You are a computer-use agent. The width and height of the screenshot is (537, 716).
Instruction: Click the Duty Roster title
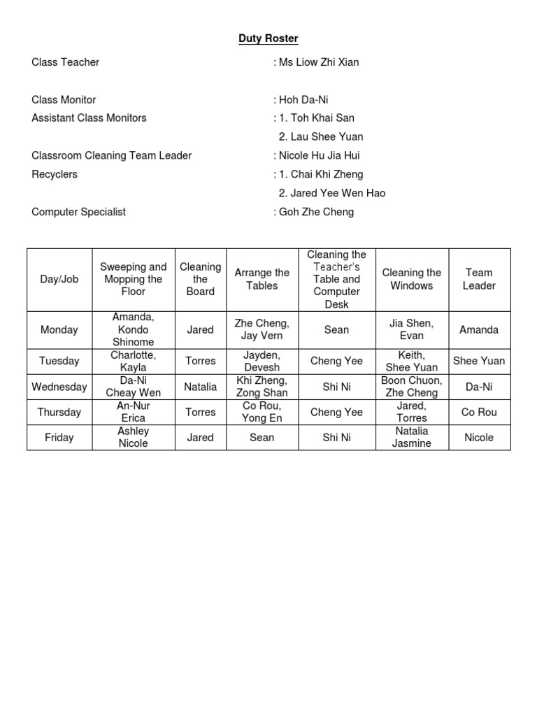[x=268, y=38]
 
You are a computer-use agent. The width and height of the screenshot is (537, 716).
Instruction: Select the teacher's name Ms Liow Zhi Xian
[x=319, y=62]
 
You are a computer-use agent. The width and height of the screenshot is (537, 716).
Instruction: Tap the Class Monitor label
[x=64, y=100]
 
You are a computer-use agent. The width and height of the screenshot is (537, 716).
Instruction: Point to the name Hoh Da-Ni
[x=303, y=100]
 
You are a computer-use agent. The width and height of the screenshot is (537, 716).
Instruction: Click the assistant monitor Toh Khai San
[x=323, y=118]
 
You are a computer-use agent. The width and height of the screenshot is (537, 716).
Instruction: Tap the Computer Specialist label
[x=79, y=212]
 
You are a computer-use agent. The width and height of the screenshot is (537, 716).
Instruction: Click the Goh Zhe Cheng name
[x=316, y=212]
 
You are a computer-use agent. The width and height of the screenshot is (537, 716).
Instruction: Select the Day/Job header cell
[x=59, y=279]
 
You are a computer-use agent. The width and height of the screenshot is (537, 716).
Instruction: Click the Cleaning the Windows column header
[x=412, y=279]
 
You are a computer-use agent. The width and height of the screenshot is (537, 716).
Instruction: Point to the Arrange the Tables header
[x=262, y=279]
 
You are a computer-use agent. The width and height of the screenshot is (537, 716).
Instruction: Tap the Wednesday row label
[x=59, y=387]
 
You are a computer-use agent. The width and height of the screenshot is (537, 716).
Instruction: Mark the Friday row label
[x=59, y=437]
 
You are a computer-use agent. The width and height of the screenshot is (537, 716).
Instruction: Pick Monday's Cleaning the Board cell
[x=201, y=329]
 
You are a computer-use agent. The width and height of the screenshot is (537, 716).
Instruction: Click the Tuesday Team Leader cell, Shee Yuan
[x=479, y=361]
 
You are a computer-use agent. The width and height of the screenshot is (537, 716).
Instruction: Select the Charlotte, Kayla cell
[x=133, y=361]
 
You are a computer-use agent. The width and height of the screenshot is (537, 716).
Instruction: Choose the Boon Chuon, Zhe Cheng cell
[x=412, y=387]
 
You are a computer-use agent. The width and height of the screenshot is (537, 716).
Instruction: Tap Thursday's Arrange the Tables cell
[x=262, y=412]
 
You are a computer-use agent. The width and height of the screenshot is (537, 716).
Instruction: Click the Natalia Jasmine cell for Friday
[x=412, y=437]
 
